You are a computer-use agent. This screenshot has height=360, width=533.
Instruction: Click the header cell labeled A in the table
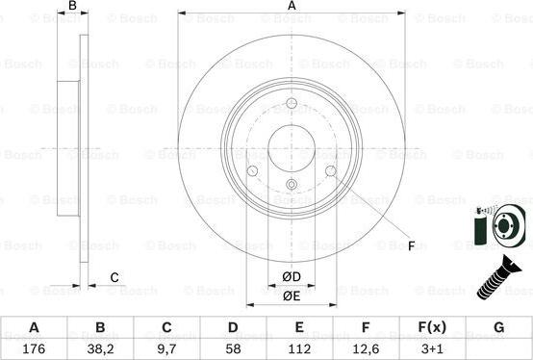pyautogui.click(x=34, y=327)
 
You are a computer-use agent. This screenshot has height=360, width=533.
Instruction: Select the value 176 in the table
pyautogui.click(x=34, y=347)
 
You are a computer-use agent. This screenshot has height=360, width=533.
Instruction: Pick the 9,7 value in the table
pyautogui.click(x=166, y=347)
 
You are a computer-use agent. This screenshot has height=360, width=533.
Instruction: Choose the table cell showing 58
pyautogui.click(x=233, y=347)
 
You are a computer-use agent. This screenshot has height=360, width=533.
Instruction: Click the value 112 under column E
pyautogui.click(x=299, y=347)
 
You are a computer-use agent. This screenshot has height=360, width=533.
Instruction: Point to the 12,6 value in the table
pyautogui.click(x=366, y=347)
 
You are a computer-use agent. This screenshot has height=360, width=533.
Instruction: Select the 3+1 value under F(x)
pyautogui.click(x=432, y=347)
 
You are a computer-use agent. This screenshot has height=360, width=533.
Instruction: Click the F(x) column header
pyautogui.click(x=432, y=327)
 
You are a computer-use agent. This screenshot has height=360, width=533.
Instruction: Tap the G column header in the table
pyautogui.click(x=498, y=327)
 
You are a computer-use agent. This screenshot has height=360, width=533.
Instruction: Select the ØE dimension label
pyautogui.click(x=291, y=296)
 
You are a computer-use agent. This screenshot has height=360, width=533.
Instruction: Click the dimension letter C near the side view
pyautogui.click(x=114, y=278)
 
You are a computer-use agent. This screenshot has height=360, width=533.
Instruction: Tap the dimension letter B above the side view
pyautogui.click(x=71, y=6)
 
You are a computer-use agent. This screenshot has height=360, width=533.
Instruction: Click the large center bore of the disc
pyautogui.click(x=292, y=145)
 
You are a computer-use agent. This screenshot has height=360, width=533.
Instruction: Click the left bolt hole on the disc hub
pyautogui.click(x=252, y=171)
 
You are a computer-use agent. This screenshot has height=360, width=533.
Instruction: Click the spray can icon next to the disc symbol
pyautogui.click(x=481, y=228)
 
